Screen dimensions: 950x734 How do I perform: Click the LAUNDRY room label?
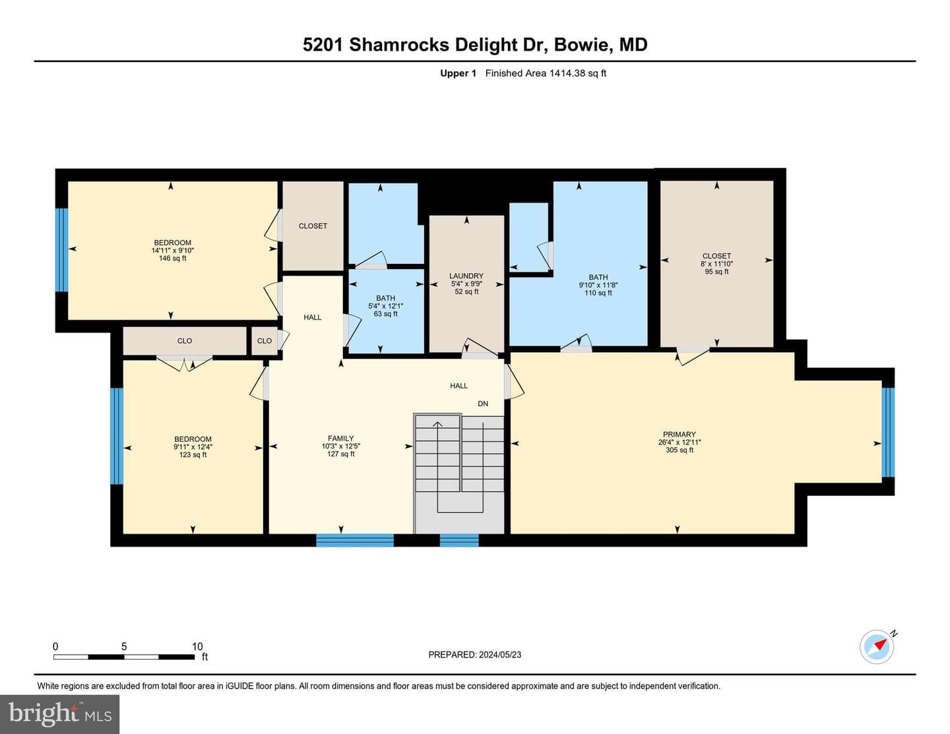click(x=466, y=276)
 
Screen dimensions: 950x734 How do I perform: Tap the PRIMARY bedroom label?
click(x=679, y=434)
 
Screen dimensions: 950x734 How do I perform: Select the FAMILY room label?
click(x=340, y=438)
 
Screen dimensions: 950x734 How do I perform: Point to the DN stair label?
click(x=483, y=404)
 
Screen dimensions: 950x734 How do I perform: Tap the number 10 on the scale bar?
click(x=197, y=646)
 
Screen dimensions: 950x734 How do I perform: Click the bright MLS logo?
click(x=60, y=714)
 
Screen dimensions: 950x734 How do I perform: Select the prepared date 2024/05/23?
click(x=499, y=654)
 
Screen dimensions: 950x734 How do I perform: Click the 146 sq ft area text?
click(x=172, y=259)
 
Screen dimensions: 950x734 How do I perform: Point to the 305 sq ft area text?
click(x=679, y=450)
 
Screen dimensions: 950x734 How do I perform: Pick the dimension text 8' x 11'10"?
click(x=716, y=263)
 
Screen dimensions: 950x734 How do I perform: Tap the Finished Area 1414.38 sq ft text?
click(x=546, y=73)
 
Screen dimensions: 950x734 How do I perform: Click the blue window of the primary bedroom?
click(x=888, y=432)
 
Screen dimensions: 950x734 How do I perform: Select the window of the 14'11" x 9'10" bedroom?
click(x=61, y=249)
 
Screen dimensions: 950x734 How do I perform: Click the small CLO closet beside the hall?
click(x=265, y=341)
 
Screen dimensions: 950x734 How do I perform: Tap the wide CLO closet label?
click(x=185, y=341)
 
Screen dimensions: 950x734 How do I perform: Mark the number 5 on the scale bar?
click(x=124, y=646)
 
